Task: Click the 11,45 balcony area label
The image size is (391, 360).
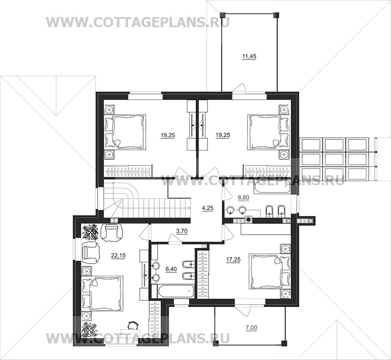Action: [x=250, y=56]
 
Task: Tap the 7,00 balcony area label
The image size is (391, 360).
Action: [x=251, y=328]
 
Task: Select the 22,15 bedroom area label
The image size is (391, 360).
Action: [x=119, y=255]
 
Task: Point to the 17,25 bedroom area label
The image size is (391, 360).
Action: [x=233, y=260]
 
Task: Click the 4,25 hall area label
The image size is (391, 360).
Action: [x=208, y=208]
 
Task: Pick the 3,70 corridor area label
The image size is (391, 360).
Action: [x=182, y=231]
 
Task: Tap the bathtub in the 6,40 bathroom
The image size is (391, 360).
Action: [x=176, y=291]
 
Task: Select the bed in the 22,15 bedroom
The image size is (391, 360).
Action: [x=102, y=293]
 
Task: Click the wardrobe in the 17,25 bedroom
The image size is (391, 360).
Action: [x=203, y=274]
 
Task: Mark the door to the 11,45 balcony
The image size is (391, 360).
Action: [x=240, y=89]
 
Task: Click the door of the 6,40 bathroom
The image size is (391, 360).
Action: [x=175, y=238]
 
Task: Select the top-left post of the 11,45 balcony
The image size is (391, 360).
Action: [x=223, y=15]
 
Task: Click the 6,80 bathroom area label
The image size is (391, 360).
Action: [x=243, y=198]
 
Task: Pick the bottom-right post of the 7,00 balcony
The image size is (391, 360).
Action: [x=284, y=343]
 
